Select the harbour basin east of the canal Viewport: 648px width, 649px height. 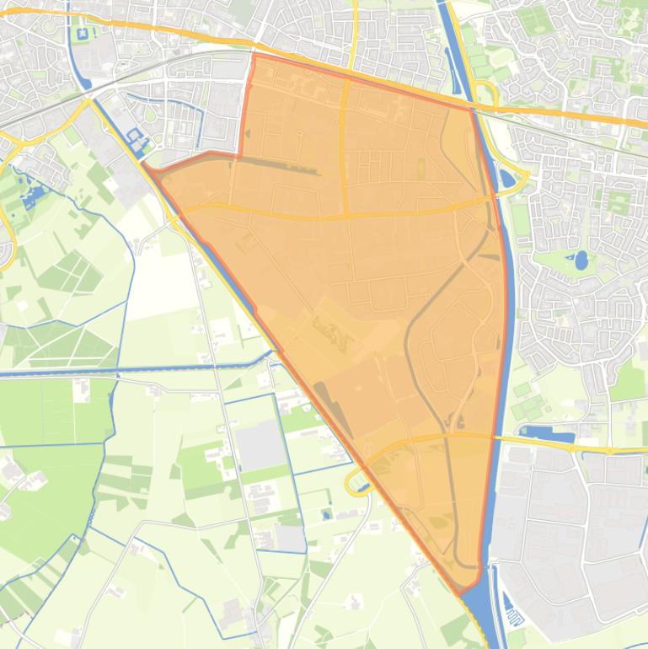pos(548,436)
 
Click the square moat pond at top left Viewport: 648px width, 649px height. pos(83,35)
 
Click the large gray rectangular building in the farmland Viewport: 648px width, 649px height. pos(260,444)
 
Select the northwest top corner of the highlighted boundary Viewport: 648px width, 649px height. pos(253,56)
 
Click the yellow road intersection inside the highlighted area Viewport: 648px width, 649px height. pos(345,216)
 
